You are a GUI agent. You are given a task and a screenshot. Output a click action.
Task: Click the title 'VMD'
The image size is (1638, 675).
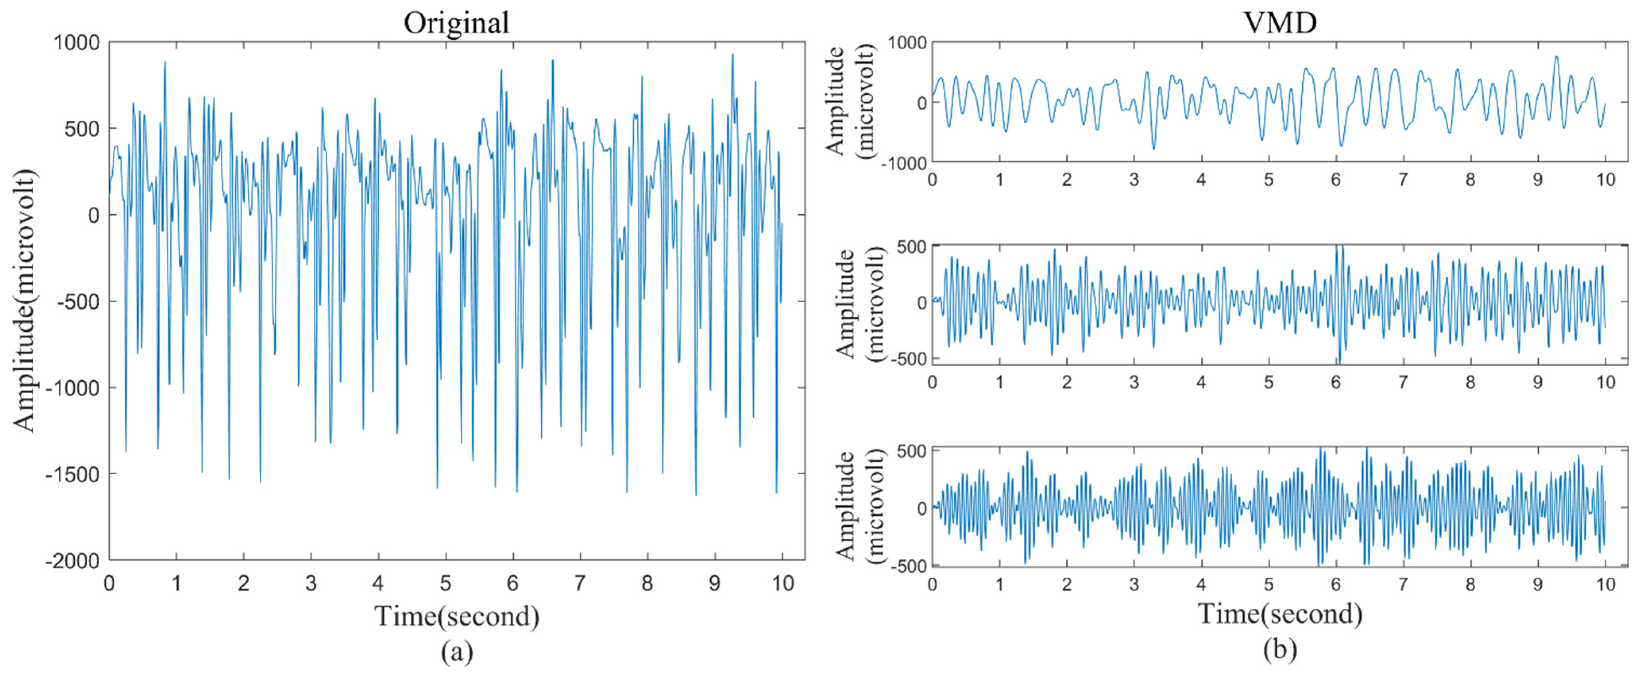[1279, 23]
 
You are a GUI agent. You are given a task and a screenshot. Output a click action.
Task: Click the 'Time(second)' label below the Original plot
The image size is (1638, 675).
[457, 616]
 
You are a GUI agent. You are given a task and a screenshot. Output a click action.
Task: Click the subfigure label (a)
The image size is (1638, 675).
[457, 652]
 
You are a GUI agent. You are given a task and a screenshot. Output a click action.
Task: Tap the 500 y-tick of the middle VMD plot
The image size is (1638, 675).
[912, 246]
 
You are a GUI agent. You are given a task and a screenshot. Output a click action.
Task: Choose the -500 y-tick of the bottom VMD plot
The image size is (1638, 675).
[908, 566]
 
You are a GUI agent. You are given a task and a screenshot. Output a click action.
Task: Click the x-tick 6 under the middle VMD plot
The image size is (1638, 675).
[1335, 382]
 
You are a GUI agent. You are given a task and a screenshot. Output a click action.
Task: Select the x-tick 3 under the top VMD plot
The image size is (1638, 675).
[1134, 180]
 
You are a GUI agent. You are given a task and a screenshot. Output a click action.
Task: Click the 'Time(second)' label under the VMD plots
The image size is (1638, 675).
[1279, 614]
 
